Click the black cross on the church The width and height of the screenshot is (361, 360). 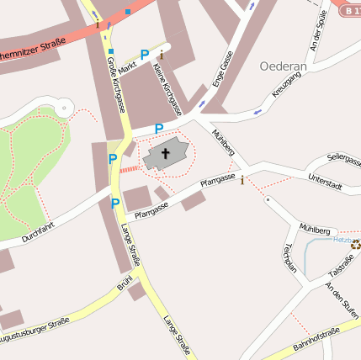click(166, 154)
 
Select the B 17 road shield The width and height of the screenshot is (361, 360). click(352, 10)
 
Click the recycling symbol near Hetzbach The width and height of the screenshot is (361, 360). click(355, 245)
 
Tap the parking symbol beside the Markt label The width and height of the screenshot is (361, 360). click(144, 55)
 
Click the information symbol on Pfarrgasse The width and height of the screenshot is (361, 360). click(243, 179)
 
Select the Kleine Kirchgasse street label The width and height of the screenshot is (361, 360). click(171, 92)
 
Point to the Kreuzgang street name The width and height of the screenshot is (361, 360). click(288, 85)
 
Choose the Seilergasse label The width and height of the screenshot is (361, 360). click(343, 158)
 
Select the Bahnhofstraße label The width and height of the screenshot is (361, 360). click(316, 339)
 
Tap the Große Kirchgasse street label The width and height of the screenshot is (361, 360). click(115, 84)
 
